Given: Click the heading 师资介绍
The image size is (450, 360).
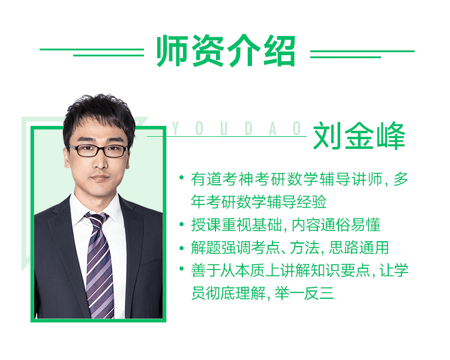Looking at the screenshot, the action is click(226, 51).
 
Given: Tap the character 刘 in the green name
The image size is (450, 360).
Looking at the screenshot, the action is click(327, 136).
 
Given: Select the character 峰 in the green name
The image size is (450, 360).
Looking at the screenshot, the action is click(391, 136).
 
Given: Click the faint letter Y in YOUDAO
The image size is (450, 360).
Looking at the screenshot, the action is click(175, 128).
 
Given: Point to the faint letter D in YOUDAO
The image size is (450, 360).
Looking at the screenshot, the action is click(248, 128).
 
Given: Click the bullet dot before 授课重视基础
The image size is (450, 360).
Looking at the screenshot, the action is click(181, 224).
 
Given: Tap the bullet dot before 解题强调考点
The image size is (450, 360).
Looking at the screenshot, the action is click(181, 247).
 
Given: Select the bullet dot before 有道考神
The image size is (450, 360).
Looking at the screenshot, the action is click(181, 178).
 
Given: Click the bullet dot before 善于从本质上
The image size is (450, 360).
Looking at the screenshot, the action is click(181, 269).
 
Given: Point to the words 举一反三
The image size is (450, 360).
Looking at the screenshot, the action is click(304, 293).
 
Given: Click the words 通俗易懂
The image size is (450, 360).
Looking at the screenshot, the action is click(350, 224).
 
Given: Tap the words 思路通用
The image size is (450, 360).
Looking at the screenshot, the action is click(359, 247).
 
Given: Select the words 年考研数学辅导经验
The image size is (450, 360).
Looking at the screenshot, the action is click(259, 202).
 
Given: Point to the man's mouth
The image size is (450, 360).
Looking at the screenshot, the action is click(100, 177).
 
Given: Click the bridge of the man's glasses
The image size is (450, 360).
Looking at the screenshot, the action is click(101, 148).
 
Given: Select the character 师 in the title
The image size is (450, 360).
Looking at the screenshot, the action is click(172, 51).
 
